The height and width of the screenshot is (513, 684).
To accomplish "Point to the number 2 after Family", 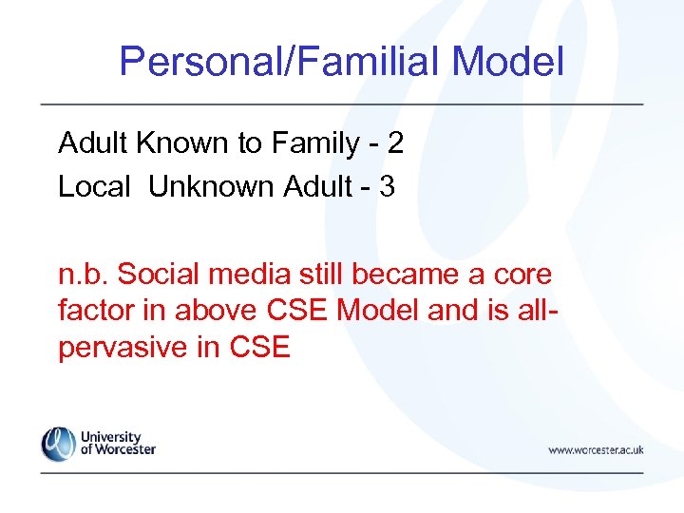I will tap(395, 143).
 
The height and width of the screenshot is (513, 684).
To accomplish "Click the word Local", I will tap(94, 187).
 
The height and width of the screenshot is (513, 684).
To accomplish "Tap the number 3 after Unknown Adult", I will tap(387, 187).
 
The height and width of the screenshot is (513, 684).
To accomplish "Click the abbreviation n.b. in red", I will tap(85, 275).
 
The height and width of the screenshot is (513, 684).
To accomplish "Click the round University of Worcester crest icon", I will tap(58, 444).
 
